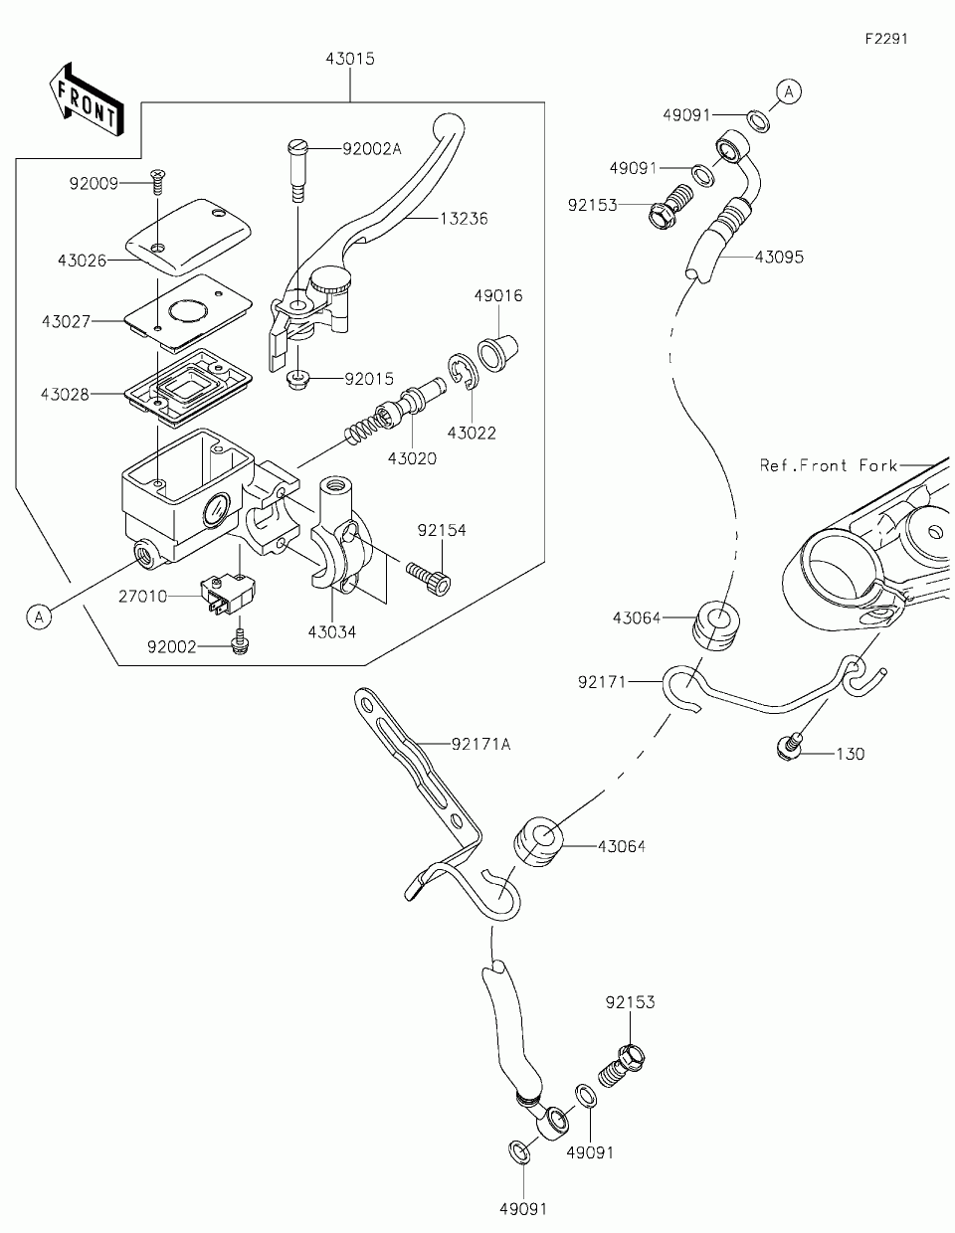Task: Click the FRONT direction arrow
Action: pos(87,98)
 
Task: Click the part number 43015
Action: pos(349,59)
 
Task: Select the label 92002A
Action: pos(371,149)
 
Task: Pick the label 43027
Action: pos(66,321)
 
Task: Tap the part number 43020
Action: pos(412,458)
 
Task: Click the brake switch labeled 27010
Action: pos(225,596)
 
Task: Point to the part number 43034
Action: pos(331,631)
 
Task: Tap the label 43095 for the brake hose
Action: pos(779,257)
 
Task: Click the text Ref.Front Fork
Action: pos(829,464)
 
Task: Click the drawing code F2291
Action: pos(886,39)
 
